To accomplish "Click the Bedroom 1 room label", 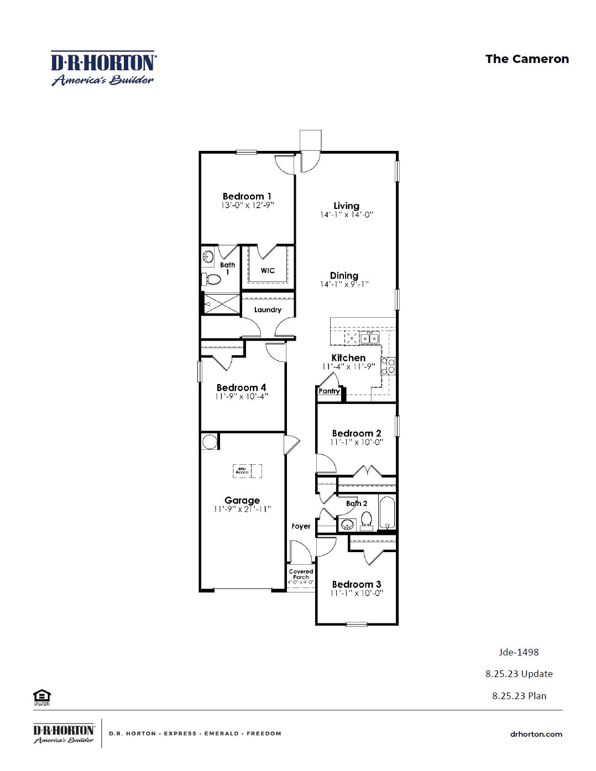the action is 247,196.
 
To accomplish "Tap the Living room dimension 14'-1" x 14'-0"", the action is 347,215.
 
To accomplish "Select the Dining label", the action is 344,275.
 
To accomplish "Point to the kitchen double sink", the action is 369,338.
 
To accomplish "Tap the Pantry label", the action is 329,391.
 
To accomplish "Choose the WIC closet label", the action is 268,270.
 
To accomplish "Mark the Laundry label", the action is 268,310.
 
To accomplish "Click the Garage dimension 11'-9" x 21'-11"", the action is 242,510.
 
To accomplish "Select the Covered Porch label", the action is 301,574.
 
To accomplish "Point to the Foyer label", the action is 301,526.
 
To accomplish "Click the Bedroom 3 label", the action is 357,584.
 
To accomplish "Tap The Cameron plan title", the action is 526,59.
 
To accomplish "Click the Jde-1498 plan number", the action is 519,652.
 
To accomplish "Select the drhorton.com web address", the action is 536,734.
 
